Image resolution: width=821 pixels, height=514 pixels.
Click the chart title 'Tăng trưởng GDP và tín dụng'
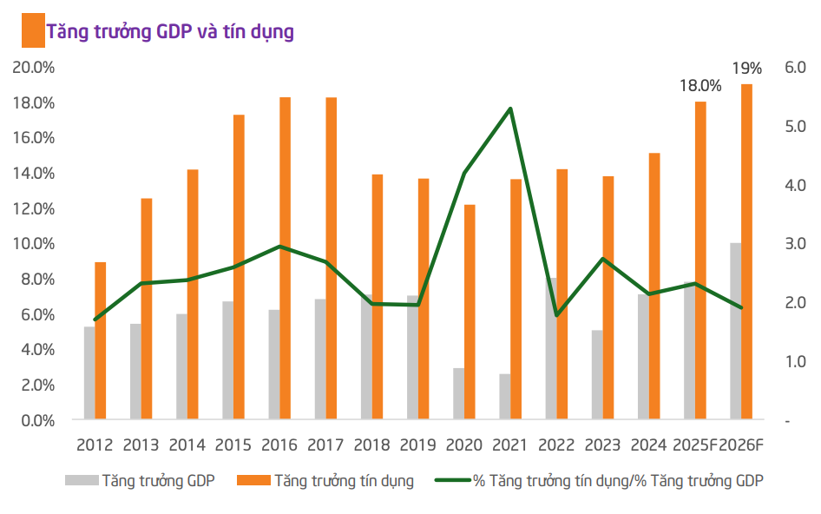tap(170, 32)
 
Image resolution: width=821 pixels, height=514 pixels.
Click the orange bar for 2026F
tap(746, 252)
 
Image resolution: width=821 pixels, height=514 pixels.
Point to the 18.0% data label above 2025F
tap(699, 85)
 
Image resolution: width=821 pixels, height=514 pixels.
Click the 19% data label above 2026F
tap(746, 68)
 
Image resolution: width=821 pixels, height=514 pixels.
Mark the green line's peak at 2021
tap(510, 109)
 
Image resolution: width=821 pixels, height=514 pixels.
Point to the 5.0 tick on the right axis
tap(795, 126)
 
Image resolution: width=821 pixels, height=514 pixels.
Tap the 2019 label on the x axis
tap(418, 445)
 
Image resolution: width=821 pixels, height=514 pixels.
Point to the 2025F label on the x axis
tap(695, 445)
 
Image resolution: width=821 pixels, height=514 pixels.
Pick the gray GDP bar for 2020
tap(458, 394)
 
